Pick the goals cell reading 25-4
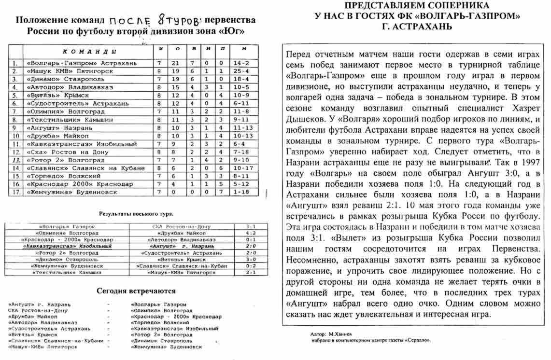point(244,70)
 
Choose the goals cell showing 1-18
point(244,192)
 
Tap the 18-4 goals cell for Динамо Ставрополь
point(244,78)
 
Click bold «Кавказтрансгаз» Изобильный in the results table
point(68,246)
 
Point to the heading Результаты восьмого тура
point(136,213)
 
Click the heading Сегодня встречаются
point(136,291)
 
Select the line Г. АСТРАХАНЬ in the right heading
point(416,27)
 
